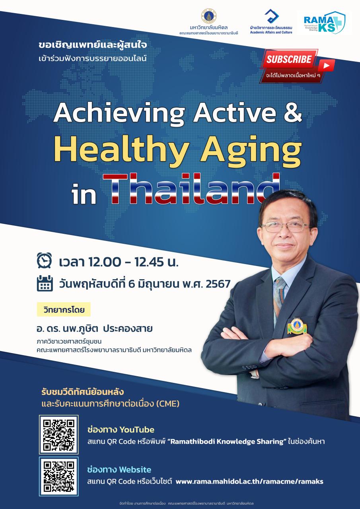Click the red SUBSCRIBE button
289,59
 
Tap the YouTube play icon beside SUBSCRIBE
326,66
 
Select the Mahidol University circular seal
208,16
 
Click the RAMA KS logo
325,23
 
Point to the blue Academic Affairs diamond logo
271,16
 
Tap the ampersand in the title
293,112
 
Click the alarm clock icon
44,260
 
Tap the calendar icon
45,283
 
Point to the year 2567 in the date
218,284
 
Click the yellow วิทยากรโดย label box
64,309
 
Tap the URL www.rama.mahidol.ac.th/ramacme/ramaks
249,481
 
